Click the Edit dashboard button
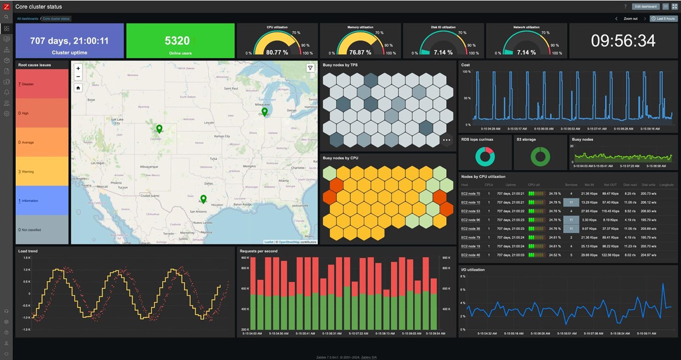pyautogui.click(x=646, y=7)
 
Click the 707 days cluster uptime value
pyautogui.click(x=69, y=41)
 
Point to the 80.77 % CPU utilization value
pyautogui.click(x=277, y=52)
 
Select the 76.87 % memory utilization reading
pyautogui.click(x=360, y=52)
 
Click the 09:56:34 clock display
pyautogui.click(x=623, y=41)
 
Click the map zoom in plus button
pyautogui.click(x=78, y=69)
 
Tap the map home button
pyautogui.click(x=78, y=88)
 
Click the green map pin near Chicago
pyautogui.click(x=264, y=111)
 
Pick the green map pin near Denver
pyautogui.click(x=159, y=129)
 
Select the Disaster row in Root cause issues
pyautogui.click(x=42, y=84)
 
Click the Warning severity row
pyautogui.click(x=42, y=172)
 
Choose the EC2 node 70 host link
pyautogui.click(x=470, y=193)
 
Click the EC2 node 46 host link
pyautogui.click(x=470, y=255)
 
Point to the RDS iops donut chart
pyautogui.click(x=485, y=156)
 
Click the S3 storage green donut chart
pyautogui.click(x=540, y=156)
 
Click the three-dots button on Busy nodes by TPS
pyautogui.click(x=447, y=140)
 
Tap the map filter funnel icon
pyautogui.click(x=310, y=68)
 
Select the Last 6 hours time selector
pyautogui.click(x=664, y=19)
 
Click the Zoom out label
pyautogui.click(x=630, y=19)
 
